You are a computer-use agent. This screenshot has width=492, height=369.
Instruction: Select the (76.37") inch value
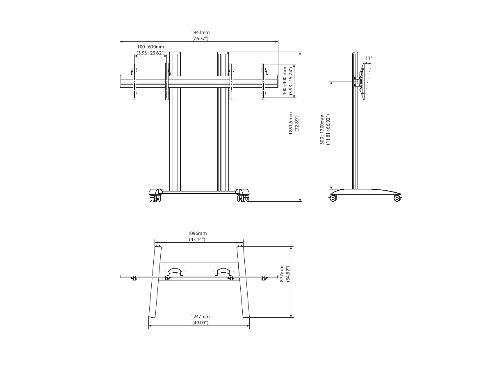click(200, 39)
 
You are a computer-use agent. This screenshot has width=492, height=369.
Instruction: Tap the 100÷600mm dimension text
click(150, 47)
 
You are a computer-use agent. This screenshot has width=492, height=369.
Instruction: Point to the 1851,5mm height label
click(291, 123)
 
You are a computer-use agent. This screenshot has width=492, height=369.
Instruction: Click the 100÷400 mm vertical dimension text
click(285, 81)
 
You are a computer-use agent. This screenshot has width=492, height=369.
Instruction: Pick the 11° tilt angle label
click(369, 58)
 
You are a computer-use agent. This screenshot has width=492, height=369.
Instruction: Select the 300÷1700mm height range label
click(322, 130)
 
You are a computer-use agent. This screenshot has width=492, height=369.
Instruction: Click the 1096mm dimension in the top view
click(197, 233)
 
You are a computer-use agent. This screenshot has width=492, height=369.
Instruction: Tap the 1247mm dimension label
click(200, 317)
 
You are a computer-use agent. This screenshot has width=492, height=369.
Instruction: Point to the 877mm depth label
click(282, 273)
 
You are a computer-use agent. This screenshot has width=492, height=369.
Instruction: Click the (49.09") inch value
click(200, 323)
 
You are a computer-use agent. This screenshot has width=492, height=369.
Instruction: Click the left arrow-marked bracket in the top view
click(175, 271)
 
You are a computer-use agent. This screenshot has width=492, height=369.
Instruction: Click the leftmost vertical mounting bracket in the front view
click(134, 81)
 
